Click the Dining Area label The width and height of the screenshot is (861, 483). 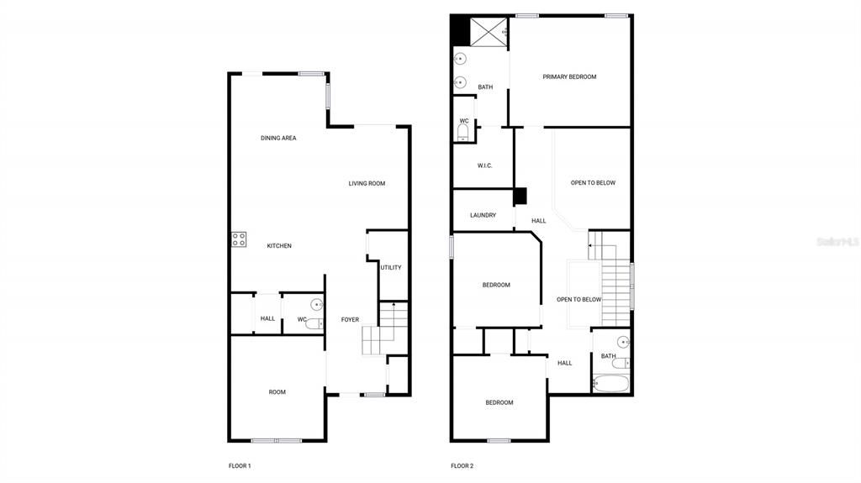tap(278, 138)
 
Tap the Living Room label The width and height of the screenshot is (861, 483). tap(367, 183)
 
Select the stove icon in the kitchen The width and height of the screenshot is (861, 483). tap(239, 239)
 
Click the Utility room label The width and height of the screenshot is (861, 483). tap(391, 267)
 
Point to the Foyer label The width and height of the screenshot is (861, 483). tap(350, 319)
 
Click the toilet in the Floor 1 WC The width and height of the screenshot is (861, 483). tap(313, 323)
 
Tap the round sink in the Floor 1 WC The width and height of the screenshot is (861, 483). tap(317, 304)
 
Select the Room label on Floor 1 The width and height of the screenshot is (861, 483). tap(277, 391)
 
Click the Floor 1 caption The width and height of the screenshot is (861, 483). tap(240, 465)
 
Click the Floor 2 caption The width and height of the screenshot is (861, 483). tap(462, 465)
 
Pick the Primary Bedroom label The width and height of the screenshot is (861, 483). tap(569, 76)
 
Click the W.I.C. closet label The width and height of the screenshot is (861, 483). tap(484, 165)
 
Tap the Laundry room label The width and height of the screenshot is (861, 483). tap(483, 215)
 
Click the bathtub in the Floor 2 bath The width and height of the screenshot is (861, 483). tap(611, 385)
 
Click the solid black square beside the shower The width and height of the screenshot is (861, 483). tap(460, 31)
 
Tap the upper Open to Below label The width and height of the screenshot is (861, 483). tap(593, 182)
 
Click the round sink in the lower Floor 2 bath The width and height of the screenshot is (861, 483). tap(623, 341)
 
